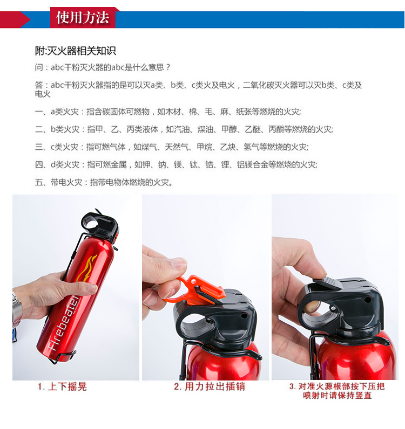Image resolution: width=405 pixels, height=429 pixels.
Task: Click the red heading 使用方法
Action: [x=83, y=17]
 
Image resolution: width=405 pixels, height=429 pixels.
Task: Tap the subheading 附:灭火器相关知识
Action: [x=76, y=51]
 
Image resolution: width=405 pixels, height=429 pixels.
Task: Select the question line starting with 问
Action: [x=103, y=67]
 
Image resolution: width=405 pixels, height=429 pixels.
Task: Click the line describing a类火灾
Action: [x=168, y=112]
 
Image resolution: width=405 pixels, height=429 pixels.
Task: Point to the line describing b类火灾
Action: [x=184, y=129]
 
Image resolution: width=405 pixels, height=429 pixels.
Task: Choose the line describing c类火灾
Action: [x=172, y=147]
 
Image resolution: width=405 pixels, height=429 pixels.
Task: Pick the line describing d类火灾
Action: [x=176, y=165]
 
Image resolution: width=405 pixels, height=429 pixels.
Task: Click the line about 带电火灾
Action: [x=104, y=182]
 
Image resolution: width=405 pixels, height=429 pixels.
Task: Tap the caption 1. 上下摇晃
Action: [x=62, y=386]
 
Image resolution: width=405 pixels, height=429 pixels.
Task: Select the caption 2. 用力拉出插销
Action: [x=210, y=386]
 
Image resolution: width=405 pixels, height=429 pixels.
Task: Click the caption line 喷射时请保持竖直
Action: [x=337, y=396]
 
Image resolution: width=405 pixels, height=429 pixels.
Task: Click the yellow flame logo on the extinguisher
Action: [x=86, y=268]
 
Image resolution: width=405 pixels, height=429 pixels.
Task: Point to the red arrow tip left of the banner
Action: [x=30, y=19]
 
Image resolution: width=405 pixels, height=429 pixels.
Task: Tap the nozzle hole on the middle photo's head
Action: [x=243, y=316]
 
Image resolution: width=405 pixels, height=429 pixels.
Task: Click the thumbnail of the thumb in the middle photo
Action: [x=180, y=264]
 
